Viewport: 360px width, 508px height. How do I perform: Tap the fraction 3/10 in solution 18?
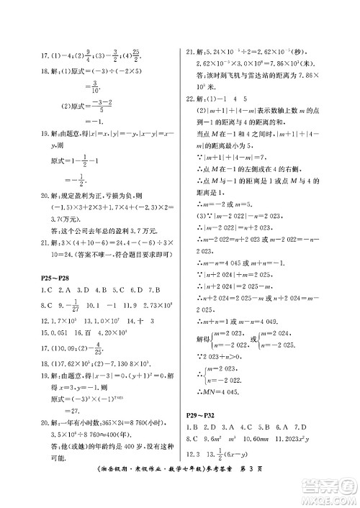click(77, 91)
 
